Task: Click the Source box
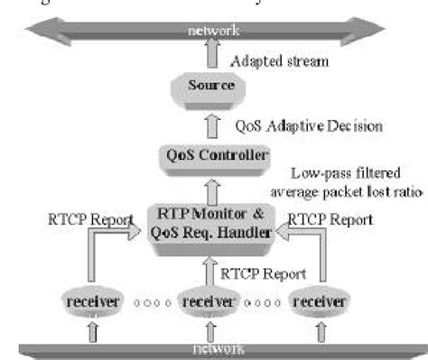point(211,86)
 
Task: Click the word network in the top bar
point(213,31)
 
